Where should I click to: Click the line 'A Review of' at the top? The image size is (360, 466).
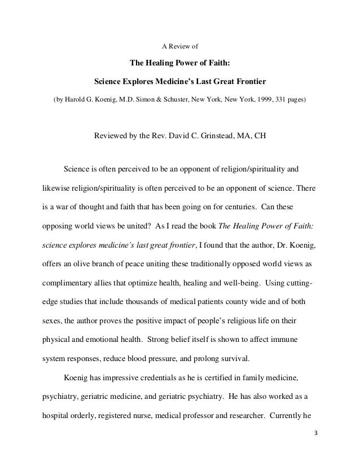tap(179, 45)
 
